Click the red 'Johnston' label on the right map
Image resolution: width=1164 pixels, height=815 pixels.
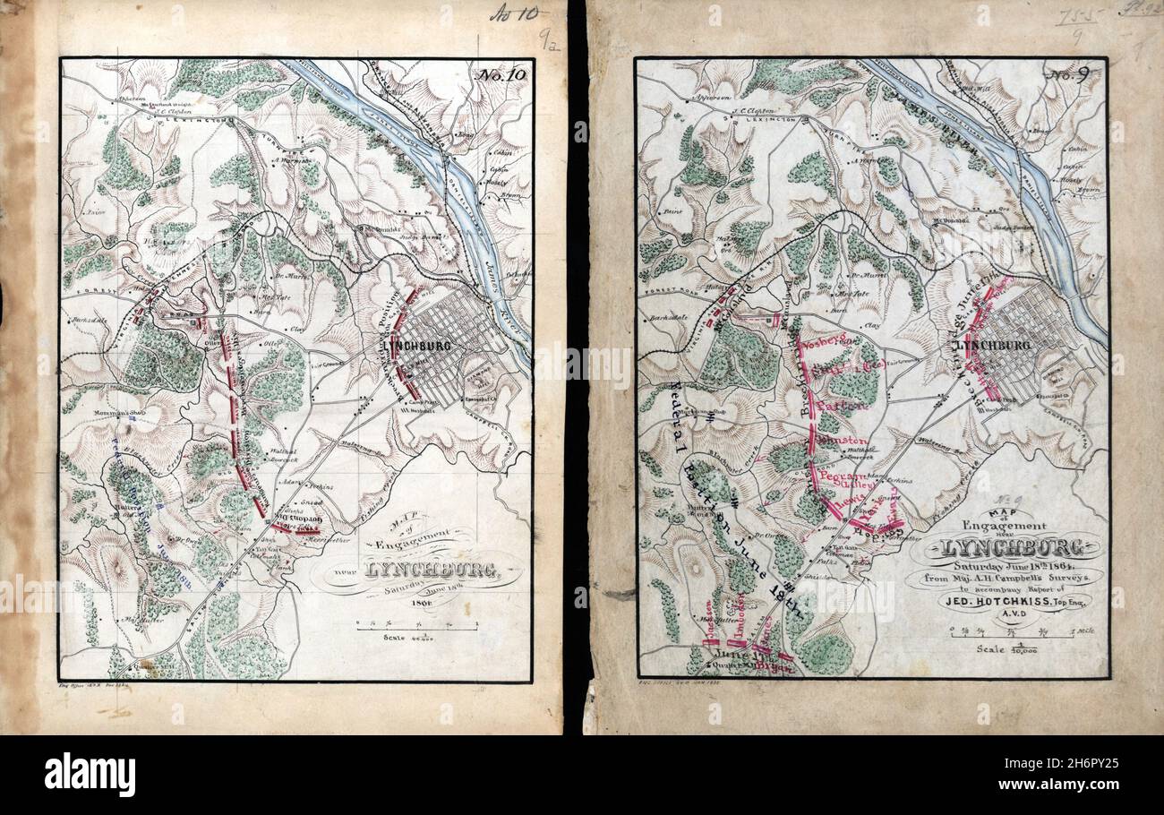[x=838, y=442]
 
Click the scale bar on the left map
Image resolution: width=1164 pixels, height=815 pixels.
[x=416, y=627]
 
